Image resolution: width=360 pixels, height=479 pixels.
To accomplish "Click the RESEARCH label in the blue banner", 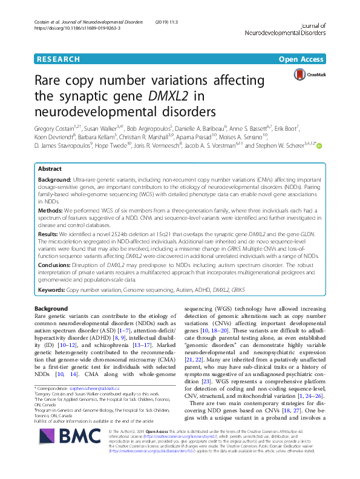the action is click(58, 59).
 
